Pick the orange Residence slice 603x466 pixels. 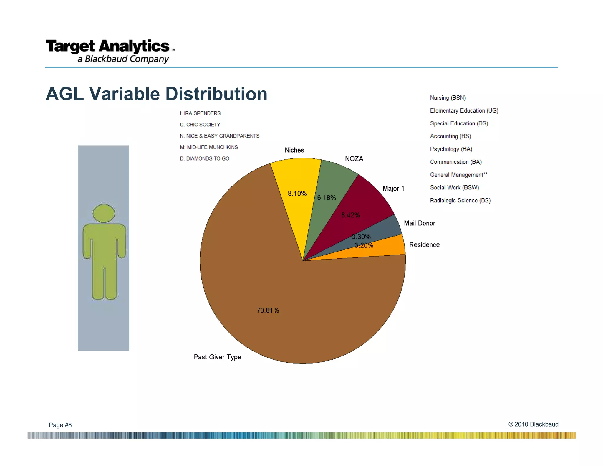[389, 249]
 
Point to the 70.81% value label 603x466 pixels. [268, 310]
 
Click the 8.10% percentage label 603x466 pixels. [297, 194]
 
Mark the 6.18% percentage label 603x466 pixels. [326, 198]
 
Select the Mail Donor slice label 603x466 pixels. [419, 223]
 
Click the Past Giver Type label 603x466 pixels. [217, 357]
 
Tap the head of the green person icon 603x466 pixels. [104, 213]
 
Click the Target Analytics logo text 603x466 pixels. [108, 47]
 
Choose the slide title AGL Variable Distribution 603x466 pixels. [156, 94]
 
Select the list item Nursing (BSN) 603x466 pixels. [448, 98]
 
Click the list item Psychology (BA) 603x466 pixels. [451, 149]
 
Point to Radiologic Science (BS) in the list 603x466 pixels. [460, 201]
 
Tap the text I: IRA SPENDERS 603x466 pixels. [200, 113]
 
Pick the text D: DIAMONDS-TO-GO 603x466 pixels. [204, 158]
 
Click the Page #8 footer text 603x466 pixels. [60, 425]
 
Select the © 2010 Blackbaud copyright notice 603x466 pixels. [533, 424]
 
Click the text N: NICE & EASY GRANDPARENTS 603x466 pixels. [219, 136]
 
